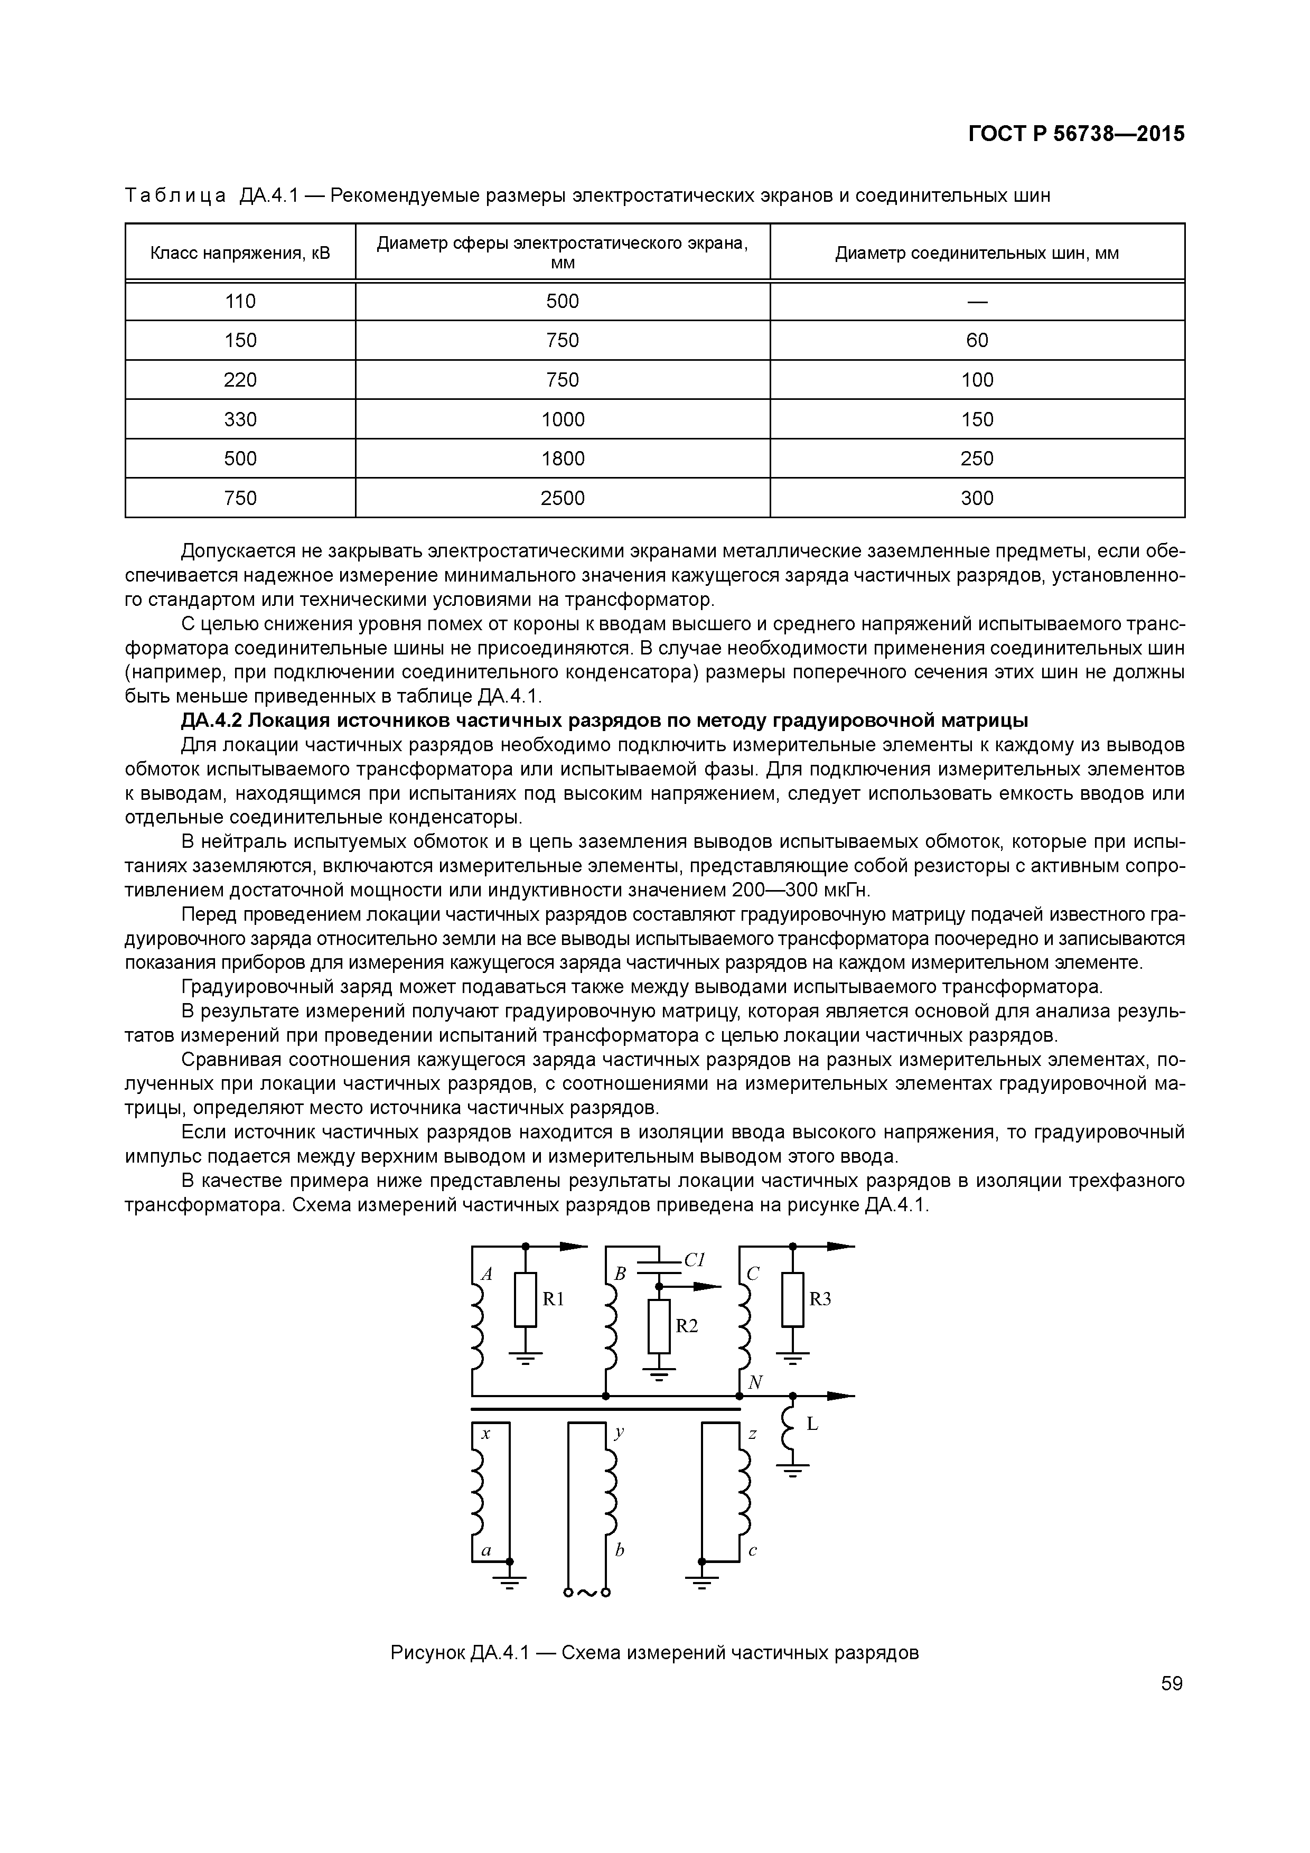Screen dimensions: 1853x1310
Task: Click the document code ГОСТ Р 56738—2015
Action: [1076, 134]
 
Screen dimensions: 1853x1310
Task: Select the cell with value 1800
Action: [563, 458]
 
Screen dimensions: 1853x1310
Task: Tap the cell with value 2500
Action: [563, 498]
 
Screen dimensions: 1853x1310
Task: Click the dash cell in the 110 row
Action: [977, 301]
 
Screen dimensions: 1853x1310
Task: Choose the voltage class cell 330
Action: [240, 419]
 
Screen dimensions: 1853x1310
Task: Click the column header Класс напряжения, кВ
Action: [240, 254]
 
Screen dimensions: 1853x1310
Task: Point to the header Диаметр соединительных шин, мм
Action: [977, 254]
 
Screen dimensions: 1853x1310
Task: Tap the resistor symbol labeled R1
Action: [526, 1299]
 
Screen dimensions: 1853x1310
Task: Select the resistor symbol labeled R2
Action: [659, 1326]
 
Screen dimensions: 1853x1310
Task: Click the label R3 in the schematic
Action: [820, 1298]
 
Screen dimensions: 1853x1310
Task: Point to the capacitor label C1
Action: [694, 1259]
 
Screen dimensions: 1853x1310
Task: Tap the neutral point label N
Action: [755, 1382]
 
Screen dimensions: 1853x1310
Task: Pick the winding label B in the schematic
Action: [620, 1274]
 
